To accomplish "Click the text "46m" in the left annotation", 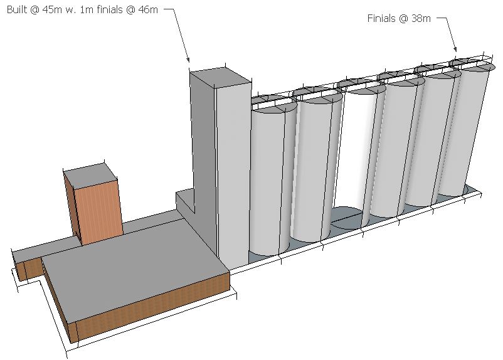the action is pyautogui.click(x=148, y=9).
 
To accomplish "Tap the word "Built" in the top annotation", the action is pyautogui.click(x=17, y=9).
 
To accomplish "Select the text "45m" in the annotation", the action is pyautogui.click(x=52, y=9).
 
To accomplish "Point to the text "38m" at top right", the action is pyautogui.click(x=421, y=18).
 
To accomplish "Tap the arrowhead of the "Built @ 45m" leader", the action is pyautogui.click(x=189, y=60).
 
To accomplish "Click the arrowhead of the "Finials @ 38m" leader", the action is pyautogui.click(x=455, y=49).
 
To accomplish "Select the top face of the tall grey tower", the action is pyautogui.click(x=220, y=77).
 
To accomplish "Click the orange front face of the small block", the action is pyautogui.click(x=99, y=212).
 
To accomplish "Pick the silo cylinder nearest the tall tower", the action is pyautogui.click(x=269, y=179).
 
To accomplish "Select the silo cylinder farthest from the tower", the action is pyautogui.click(x=466, y=129).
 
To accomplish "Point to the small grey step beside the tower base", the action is pyautogui.click(x=185, y=201).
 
